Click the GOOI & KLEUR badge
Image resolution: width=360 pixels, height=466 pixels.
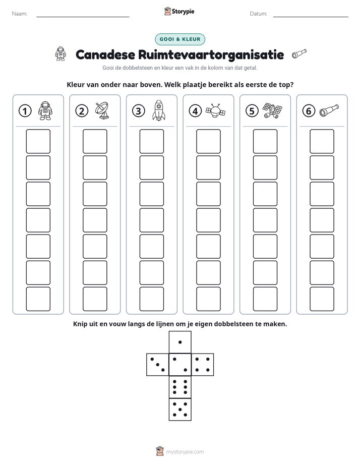tap(179, 39)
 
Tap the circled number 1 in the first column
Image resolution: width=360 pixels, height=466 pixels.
tap(25, 111)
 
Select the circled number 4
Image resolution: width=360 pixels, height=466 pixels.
tap(195, 111)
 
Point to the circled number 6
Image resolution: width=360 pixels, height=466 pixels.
tap(309, 111)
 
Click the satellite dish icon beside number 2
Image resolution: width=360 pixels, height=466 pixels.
tap(102, 110)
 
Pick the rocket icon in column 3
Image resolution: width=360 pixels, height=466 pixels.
tap(159, 110)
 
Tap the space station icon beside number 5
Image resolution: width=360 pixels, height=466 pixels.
tap(272, 110)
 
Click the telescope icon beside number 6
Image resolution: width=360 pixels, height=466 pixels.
tap(329, 110)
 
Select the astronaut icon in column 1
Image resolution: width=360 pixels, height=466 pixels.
tap(45, 110)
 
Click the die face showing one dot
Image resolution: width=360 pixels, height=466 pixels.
tap(180, 342)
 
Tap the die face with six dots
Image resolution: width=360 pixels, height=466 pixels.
tap(180, 387)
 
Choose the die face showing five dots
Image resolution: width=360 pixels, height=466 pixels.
tap(180, 409)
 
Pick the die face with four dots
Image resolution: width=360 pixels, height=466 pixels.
tap(203, 365)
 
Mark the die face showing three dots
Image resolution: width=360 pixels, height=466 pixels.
tap(158, 365)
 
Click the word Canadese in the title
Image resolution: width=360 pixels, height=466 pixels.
tap(105, 54)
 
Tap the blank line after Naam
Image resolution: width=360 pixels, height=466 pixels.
tap(83, 17)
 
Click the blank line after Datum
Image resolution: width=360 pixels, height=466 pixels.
tap(311, 17)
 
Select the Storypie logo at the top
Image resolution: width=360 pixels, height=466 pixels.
tap(179, 11)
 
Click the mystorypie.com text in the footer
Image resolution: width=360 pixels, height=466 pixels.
tap(185, 452)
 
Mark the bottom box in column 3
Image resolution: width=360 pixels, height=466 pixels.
tap(152, 299)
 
